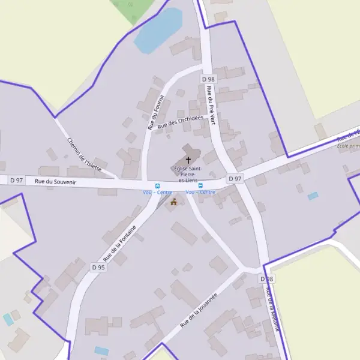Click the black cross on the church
click(188, 160)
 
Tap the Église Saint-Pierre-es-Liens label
click(188, 174)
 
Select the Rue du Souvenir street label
click(55, 181)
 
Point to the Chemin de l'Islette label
click(84, 154)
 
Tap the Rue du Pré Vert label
click(211, 104)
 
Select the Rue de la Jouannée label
click(199, 310)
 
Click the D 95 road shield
click(98, 267)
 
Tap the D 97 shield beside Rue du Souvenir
click(16, 180)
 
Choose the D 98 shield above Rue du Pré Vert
click(208, 79)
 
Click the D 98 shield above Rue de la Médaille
click(267, 279)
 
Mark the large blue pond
click(158, 31)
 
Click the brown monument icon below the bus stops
click(174, 202)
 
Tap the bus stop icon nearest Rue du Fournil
click(157, 186)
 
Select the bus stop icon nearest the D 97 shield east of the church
click(200, 186)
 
